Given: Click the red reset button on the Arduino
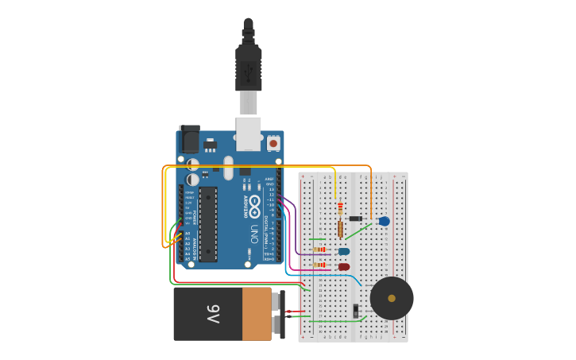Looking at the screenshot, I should click(x=273, y=143).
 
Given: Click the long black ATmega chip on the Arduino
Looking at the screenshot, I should click(x=207, y=224).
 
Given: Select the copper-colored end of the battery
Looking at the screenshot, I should click(x=256, y=314).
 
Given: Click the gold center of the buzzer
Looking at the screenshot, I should click(x=392, y=298).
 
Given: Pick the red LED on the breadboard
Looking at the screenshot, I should click(x=344, y=267).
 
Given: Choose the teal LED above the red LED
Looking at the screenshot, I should click(x=344, y=251).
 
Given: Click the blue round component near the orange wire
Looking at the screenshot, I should click(x=385, y=221).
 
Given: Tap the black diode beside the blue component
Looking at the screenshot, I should click(x=356, y=219).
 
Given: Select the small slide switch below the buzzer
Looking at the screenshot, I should click(x=356, y=310).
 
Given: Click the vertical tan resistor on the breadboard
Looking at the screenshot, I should click(x=341, y=229).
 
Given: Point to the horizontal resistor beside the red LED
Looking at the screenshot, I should click(x=319, y=265).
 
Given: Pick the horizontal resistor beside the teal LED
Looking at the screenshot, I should click(x=319, y=250).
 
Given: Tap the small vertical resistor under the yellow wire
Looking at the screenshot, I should click(x=341, y=208).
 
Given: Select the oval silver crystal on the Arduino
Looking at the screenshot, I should click(x=229, y=168).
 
